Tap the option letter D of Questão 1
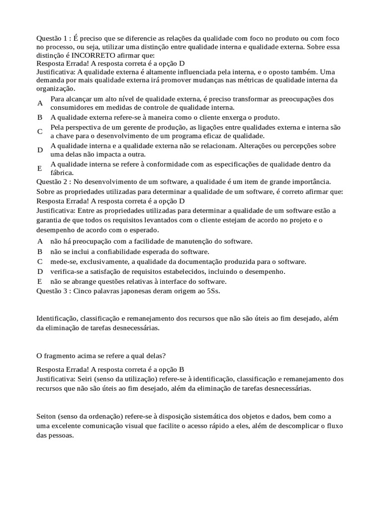40,150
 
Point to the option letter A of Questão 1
40,103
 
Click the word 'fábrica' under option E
61,172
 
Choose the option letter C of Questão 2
40,261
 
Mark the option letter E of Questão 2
40,281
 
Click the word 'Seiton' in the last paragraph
47,416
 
